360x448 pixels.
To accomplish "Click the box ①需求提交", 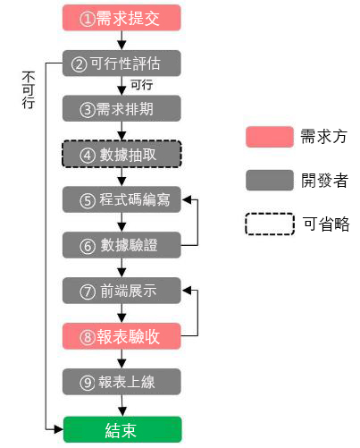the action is click(121, 18).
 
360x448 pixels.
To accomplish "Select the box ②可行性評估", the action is click(121, 63).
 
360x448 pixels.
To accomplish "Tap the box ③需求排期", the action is click(121, 108).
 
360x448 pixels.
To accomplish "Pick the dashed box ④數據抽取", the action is click(121, 154).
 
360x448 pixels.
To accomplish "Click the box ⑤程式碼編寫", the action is click(121, 199).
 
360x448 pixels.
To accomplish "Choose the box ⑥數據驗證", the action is click(121, 245).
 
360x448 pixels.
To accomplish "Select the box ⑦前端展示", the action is click(121, 291).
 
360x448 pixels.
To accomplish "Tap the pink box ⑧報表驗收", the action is click(121, 336).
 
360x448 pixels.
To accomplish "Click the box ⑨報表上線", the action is click(121, 382).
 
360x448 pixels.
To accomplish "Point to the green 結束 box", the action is click(122, 429).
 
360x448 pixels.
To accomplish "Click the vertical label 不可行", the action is click(29, 90).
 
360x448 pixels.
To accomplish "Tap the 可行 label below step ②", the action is click(142, 85).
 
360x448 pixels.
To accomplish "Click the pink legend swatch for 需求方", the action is click(270, 137).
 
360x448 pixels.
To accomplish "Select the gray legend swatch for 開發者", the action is click(270, 180).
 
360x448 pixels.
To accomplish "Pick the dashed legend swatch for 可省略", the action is click(270, 224).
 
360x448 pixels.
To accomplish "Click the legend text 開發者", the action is click(324, 181).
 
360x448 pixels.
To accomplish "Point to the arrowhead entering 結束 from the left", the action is click(59, 429).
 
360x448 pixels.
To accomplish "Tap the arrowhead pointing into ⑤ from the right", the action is click(187, 199).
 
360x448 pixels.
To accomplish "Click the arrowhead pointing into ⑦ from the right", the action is click(187, 291).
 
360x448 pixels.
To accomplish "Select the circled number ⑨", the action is click(88, 382).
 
